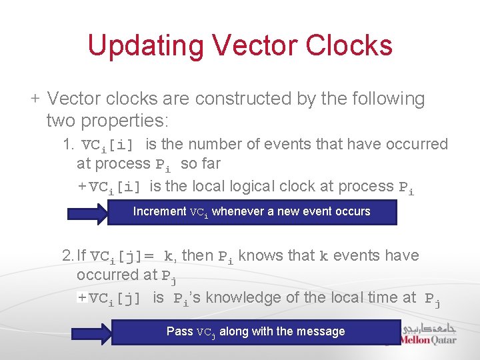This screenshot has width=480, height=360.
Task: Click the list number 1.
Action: point(68,145)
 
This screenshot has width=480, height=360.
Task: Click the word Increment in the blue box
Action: point(159,212)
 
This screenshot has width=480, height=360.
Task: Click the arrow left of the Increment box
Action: point(89,213)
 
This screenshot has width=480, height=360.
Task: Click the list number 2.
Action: point(68,256)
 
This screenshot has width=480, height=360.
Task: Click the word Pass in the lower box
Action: point(179,331)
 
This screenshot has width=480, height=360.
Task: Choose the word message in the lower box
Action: point(323,331)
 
